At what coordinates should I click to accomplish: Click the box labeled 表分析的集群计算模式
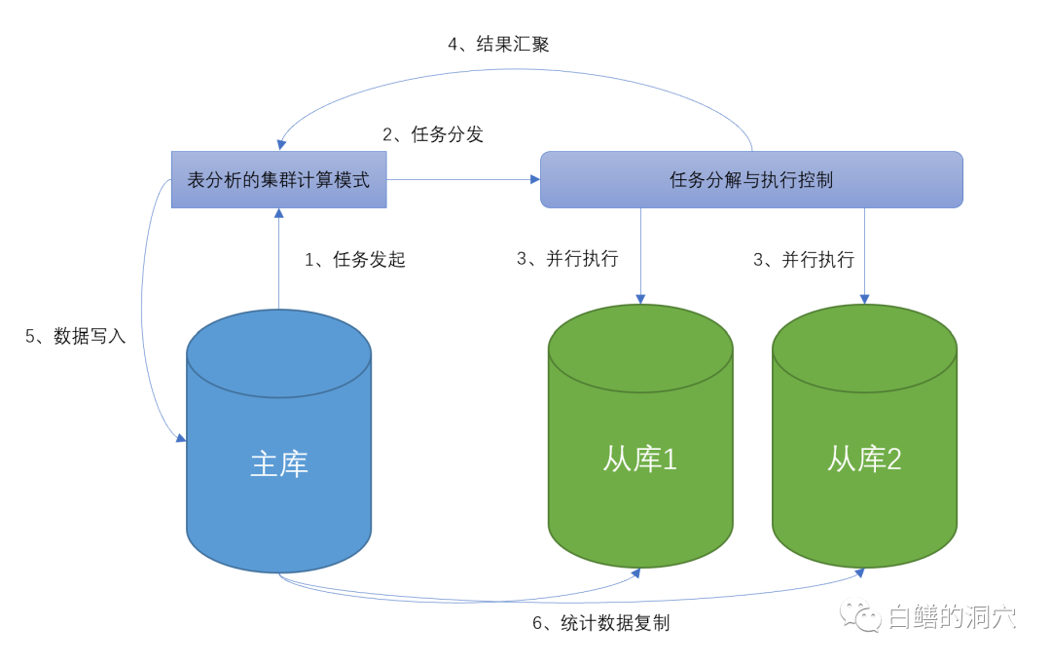click(x=278, y=179)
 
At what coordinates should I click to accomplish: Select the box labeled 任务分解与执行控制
click(x=750, y=179)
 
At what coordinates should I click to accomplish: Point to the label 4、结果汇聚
click(x=498, y=44)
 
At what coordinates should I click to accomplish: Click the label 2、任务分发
click(x=433, y=134)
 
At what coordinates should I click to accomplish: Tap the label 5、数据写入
click(x=76, y=337)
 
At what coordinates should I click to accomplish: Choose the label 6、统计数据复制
click(x=600, y=623)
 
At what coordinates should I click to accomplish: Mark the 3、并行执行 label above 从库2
click(x=804, y=259)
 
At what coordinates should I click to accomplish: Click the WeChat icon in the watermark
click(x=861, y=615)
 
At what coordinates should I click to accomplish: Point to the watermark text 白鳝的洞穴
click(x=952, y=616)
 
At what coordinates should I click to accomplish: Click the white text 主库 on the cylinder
click(x=279, y=463)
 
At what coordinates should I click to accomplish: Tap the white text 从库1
click(x=639, y=459)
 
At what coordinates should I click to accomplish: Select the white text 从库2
click(x=864, y=459)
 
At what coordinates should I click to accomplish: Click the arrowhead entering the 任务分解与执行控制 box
click(x=534, y=179)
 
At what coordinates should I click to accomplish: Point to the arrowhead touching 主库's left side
click(x=180, y=439)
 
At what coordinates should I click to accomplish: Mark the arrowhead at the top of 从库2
click(x=864, y=299)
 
